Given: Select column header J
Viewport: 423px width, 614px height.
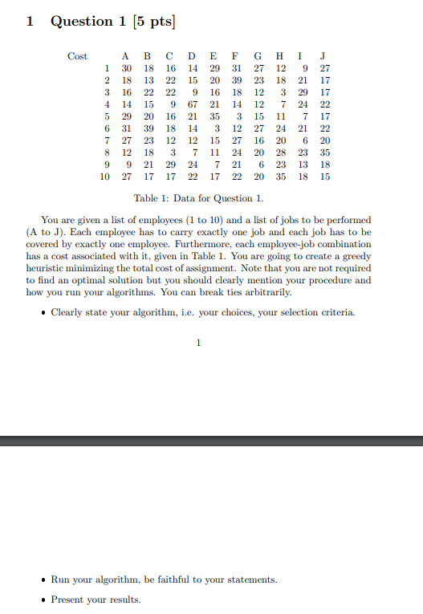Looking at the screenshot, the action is tap(323, 56).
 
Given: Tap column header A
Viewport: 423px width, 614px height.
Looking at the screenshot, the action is tap(125, 56).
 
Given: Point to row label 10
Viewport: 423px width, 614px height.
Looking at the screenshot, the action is tap(104, 177).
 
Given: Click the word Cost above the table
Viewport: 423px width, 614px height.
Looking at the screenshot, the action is tap(78, 56).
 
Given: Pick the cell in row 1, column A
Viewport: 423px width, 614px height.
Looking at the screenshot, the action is tap(125, 68).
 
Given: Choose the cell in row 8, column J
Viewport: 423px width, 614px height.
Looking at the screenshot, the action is tap(324, 152).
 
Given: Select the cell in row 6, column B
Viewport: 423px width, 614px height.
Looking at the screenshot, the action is tap(148, 128).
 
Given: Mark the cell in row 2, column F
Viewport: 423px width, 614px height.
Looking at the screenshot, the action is tap(236, 80).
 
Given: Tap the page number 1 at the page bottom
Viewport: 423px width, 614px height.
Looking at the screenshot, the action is tap(197, 344).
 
